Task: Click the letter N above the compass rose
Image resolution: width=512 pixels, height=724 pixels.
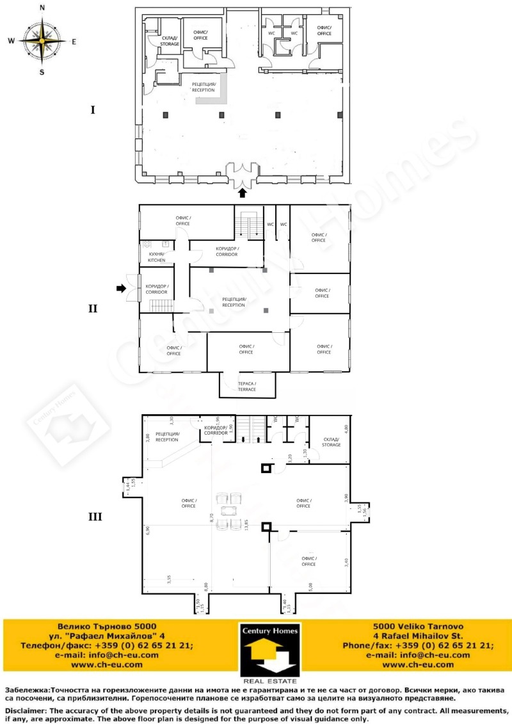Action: [42, 8]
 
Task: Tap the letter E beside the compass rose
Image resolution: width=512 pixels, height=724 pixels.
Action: [74, 42]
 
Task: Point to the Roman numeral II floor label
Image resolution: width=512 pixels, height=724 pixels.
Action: [93, 309]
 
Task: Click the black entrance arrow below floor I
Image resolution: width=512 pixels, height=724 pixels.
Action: [242, 192]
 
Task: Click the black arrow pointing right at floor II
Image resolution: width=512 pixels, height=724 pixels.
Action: [121, 289]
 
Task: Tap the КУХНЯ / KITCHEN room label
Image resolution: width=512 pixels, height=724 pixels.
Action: [157, 257]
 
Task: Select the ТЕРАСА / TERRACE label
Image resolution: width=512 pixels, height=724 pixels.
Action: [247, 386]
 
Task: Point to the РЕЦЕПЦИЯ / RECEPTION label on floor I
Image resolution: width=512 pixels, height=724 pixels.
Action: [204, 87]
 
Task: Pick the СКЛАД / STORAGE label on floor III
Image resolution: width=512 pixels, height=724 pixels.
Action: [331, 442]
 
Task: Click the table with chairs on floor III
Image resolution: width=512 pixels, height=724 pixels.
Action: [228, 510]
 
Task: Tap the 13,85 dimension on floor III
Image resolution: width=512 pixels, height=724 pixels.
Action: [246, 525]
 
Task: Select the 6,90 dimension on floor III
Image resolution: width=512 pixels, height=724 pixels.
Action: [147, 531]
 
